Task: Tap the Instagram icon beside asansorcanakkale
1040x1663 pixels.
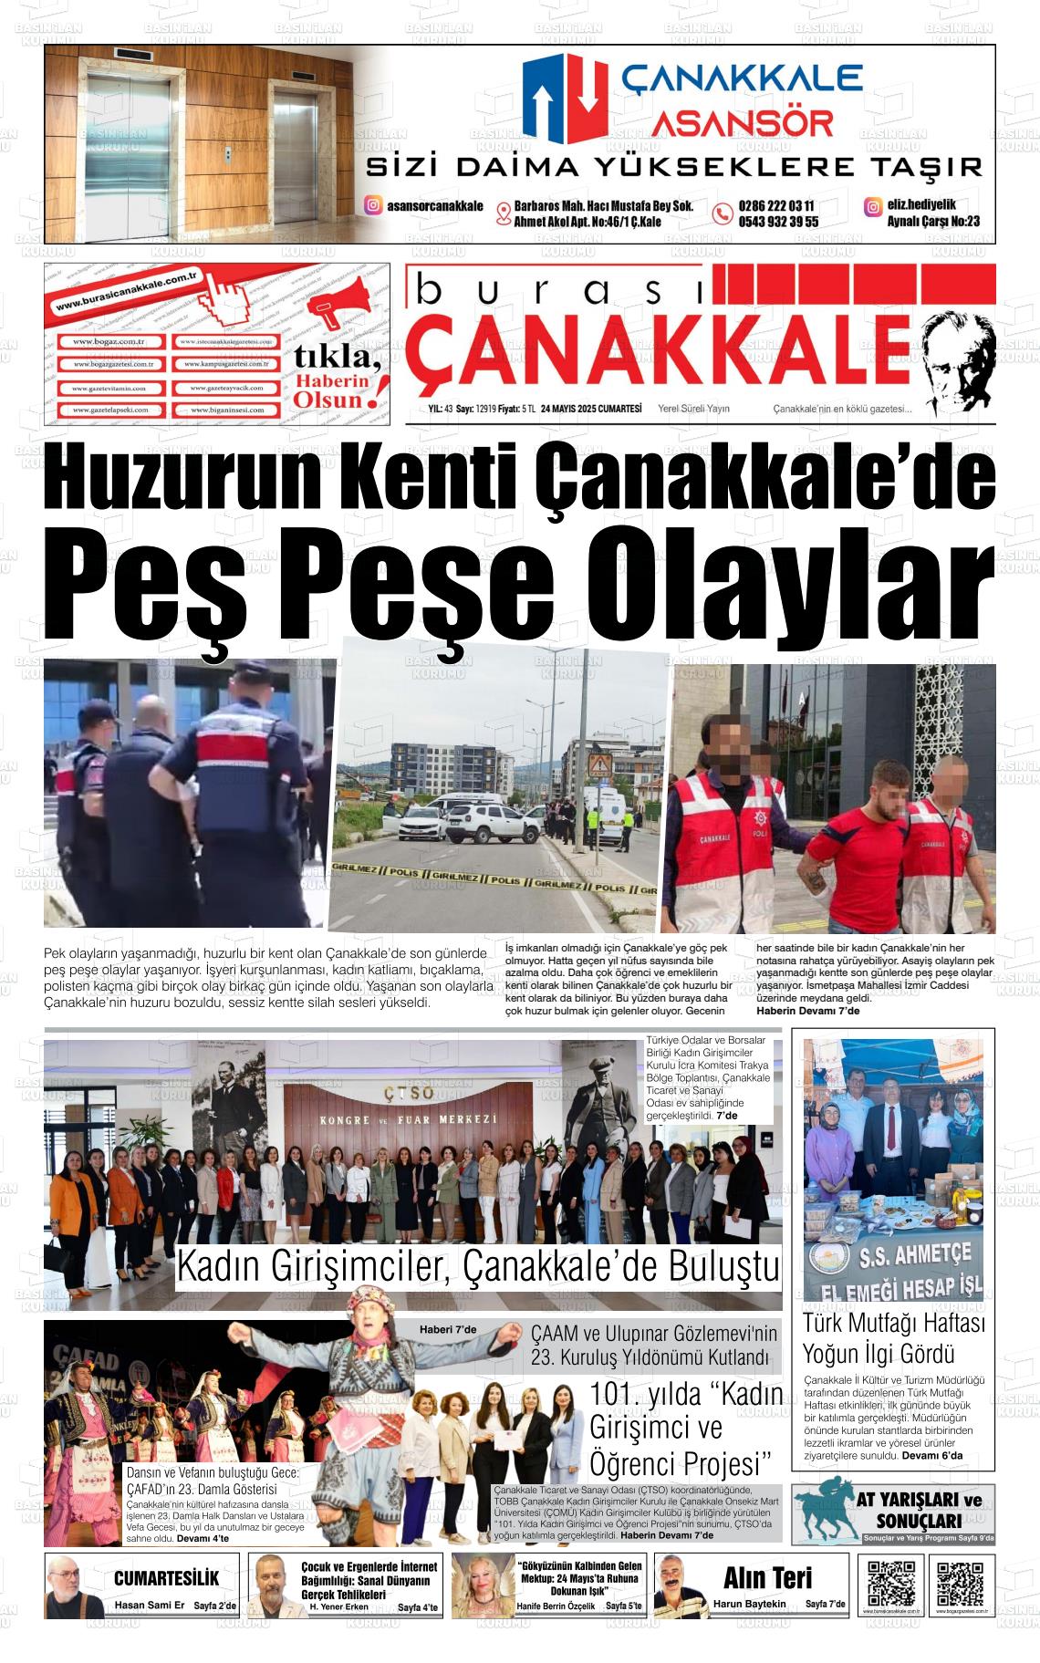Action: (x=373, y=206)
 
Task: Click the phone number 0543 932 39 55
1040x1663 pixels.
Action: (x=778, y=222)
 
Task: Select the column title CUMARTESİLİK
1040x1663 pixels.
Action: (x=166, y=1579)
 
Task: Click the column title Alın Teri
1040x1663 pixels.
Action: (x=767, y=1577)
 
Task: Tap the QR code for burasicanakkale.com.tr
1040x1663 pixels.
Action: (x=889, y=1584)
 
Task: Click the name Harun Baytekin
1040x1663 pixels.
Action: (x=749, y=1605)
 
